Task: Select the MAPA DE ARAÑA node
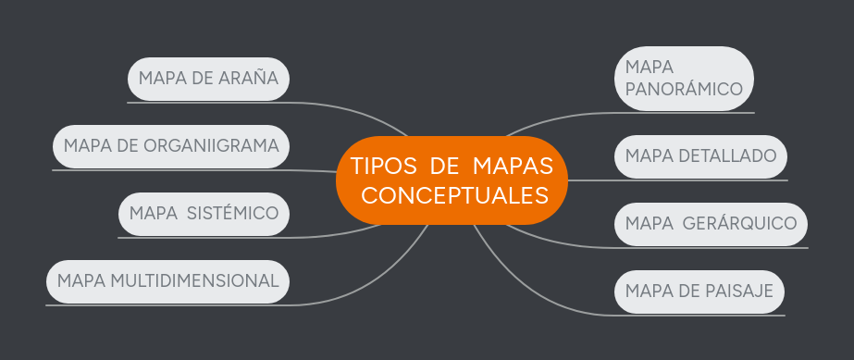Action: click(208, 78)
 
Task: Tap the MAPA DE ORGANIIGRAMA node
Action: click(171, 146)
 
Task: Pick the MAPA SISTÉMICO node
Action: click(204, 214)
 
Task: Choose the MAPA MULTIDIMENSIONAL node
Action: click(167, 280)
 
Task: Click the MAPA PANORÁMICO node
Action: click(684, 79)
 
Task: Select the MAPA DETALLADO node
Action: click(700, 155)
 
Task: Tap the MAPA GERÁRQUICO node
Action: click(711, 223)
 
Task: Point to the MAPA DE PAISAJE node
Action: click(699, 292)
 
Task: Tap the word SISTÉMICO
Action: click(232, 214)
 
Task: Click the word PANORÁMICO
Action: click(684, 91)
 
